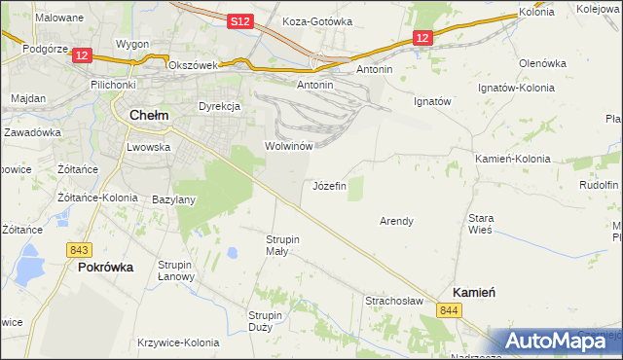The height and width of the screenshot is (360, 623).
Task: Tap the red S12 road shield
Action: pos(240,20)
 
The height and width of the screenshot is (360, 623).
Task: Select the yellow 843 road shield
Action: pos(80,249)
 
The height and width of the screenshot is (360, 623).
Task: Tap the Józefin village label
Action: pos(329,185)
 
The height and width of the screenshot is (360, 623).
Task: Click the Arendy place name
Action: pos(396,221)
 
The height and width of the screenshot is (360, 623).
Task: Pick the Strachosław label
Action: pos(394,301)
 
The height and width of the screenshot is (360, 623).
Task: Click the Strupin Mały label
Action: pos(283,244)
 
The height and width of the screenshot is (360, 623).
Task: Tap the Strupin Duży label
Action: pos(265,321)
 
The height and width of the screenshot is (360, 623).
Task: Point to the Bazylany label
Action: pos(174,199)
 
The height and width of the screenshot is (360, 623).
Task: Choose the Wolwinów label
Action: pos(288,146)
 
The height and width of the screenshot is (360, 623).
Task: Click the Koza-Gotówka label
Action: pos(315,20)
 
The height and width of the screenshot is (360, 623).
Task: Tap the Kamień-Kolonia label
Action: pos(511,158)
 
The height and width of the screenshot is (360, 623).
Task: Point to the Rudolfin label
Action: pos(599,185)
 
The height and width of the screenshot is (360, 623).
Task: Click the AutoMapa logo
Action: pos(559,341)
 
